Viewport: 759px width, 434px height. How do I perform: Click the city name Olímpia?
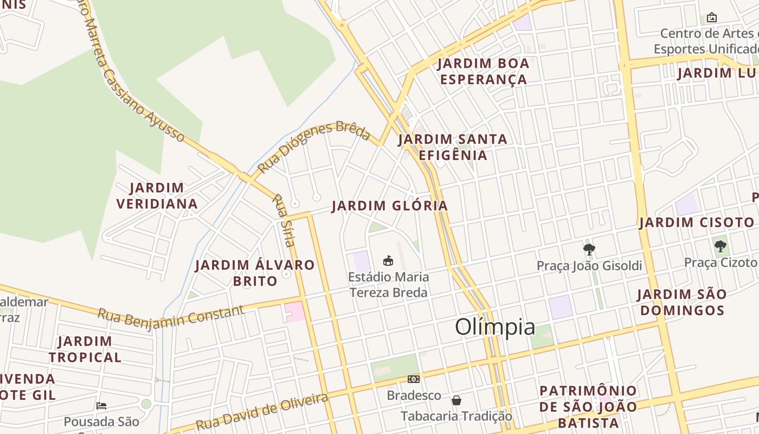(495, 327)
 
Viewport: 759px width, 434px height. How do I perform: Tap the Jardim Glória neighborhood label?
(390, 206)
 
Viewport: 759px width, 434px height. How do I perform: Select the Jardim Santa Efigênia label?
(453, 147)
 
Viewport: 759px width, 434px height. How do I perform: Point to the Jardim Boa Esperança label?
(483, 71)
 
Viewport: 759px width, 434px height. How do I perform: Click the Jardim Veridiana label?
(157, 196)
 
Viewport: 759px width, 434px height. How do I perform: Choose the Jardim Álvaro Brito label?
(255, 273)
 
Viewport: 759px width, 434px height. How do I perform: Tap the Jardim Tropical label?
(85, 349)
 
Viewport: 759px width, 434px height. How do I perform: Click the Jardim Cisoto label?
(697, 222)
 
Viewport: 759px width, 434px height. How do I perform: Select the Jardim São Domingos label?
(681, 302)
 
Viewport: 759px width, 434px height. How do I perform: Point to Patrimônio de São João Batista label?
(588, 406)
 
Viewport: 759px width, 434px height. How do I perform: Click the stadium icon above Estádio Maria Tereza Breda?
(388, 260)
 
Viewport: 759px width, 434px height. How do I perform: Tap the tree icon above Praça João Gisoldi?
(589, 250)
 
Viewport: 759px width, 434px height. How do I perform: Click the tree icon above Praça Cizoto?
(720, 246)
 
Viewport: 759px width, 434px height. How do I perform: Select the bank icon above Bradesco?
(414, 379)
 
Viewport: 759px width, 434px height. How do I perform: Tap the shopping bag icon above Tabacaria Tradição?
(456, 400)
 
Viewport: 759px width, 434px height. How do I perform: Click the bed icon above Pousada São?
(101, 405)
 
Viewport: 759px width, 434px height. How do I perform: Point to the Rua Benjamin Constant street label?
(171, 315)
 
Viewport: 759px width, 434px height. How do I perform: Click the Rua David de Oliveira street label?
(262, 412)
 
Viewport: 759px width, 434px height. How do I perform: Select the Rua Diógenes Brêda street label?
(313, 146)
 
